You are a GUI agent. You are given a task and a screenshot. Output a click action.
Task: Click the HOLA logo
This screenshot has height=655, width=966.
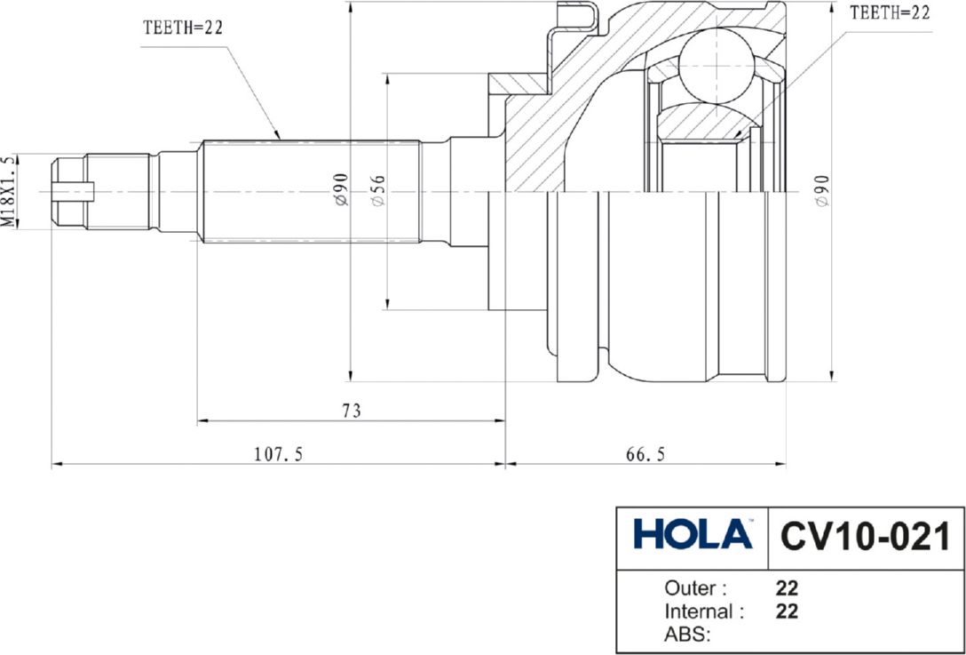(693, 536)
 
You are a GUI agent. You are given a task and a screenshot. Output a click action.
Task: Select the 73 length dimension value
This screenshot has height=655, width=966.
(352, 411)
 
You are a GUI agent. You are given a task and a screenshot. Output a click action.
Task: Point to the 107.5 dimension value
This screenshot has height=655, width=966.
(279, 454)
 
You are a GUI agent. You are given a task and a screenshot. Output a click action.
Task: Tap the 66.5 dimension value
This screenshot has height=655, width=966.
(645, 454)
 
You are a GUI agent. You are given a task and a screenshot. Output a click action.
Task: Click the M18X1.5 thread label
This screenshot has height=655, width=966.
(8, 191)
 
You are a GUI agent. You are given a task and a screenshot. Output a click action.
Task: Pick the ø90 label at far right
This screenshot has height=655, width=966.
(821, 191)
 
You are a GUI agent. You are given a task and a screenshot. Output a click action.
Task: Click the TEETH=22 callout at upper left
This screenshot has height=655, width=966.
(183, 27)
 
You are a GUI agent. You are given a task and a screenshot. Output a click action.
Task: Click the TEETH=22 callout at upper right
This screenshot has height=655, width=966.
(891, 12)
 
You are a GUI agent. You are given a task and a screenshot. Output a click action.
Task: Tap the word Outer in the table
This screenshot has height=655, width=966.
(695, 588)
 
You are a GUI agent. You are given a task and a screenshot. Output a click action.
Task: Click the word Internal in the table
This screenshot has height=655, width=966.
(699, 611)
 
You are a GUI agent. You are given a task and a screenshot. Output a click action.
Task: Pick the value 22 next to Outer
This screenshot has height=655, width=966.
(787, 588)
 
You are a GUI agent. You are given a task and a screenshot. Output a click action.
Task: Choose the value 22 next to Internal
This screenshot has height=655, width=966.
(787, 611)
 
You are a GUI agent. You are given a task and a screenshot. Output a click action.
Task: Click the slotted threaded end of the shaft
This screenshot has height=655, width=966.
(71, 190)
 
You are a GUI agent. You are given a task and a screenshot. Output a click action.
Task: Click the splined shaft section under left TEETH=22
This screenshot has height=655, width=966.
(311, 190)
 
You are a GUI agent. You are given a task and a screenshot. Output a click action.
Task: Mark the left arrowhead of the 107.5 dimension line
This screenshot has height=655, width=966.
(56, 463)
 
